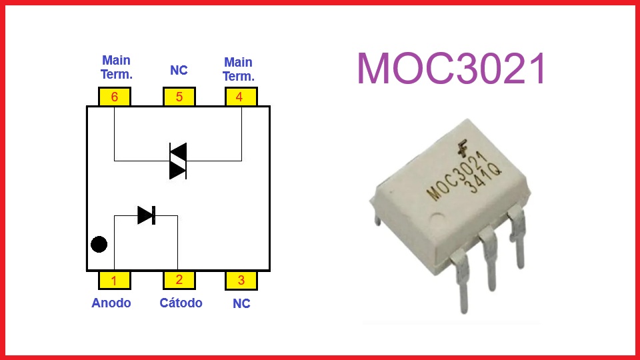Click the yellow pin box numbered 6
[x=115, y=97]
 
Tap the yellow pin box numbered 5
[x=179, y=97]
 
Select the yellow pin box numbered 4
[x=240, y=97]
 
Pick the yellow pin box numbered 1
[x=115, y=280]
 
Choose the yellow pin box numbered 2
[x=179, y=280]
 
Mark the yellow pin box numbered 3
[x=241, y=280]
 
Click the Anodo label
[x=111, y=303]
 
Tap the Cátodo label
[x=181, y=303]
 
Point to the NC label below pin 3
[x=241, y=304]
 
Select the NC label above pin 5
[x=179, y=70]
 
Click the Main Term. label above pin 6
[x=116, y=69]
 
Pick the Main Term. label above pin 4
[x=238, y=69]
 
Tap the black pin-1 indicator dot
[x=99, y=244]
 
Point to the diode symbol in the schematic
[x=146, y=215]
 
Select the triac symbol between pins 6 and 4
[x=177, y=161]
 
